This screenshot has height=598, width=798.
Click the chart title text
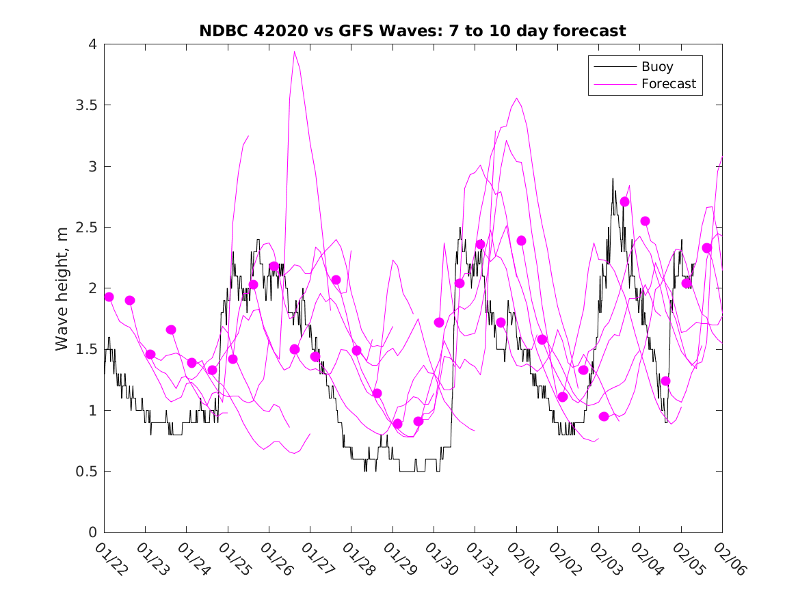pyautogui.click(x=412, y=31)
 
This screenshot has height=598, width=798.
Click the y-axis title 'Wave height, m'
pyautogui.click(x=62, y=288)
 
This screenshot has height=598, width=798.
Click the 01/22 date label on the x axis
pyautogui.click(x=109, y=559)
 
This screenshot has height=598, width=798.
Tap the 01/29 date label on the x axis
pyautogui.click(x=398, y=559)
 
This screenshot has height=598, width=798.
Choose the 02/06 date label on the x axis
pyautogui.click(x=728, y=559)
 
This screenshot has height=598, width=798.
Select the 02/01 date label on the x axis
pyautogui.click(x=522, y=559)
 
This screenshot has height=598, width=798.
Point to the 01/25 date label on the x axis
pyautogui.click(x=233, y=559)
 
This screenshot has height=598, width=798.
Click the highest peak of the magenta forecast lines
pyautogui.click(x=295, y=51)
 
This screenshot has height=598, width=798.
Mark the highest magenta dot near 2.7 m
pyautogui.click(x=624, y=202)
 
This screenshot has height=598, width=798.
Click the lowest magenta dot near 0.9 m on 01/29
pyautogui.click(x=398, y=424)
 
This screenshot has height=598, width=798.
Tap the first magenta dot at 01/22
pyautogui.click(x=109, y=297)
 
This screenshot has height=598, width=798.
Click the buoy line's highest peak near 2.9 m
pyautogui.click(x=613, y=178)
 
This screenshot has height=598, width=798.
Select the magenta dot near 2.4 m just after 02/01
pyautogui.click(x=522, y=241)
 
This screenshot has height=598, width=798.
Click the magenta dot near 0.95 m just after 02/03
pyautogui.click(x=604, y=416)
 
